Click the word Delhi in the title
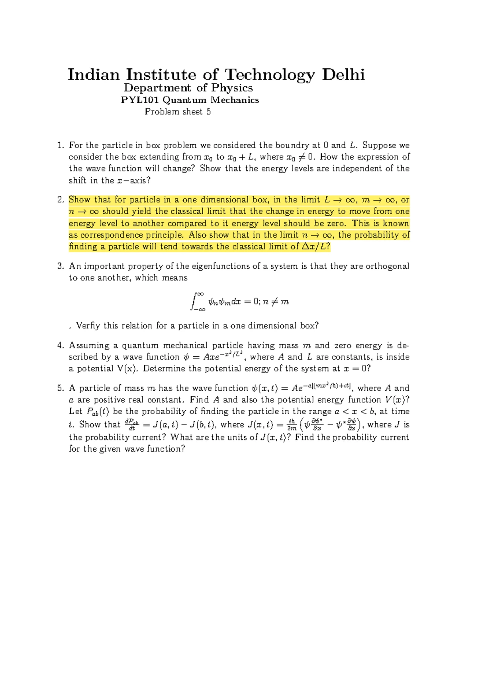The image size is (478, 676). tap(343, 75)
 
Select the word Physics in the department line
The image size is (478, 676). tap(232, 88)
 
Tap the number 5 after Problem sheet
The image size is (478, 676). tap(208, 112)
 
